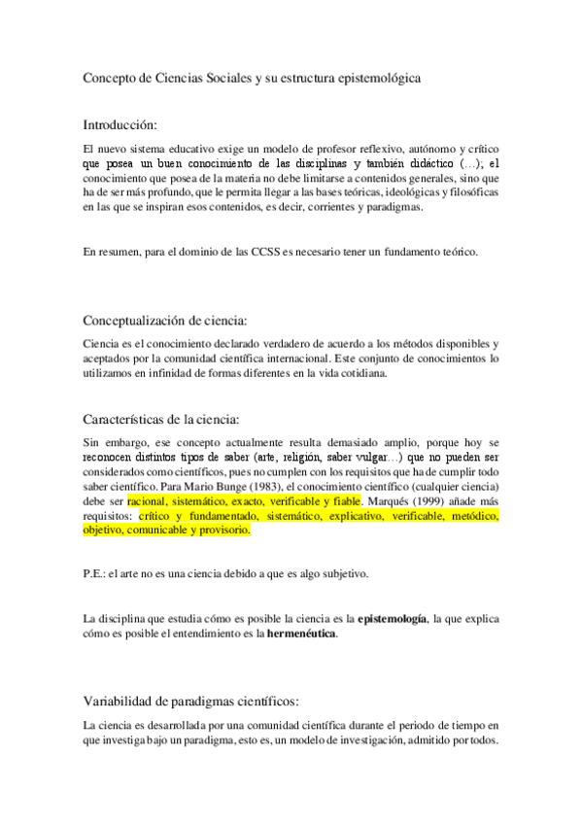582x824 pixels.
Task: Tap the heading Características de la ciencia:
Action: tap(160, 419)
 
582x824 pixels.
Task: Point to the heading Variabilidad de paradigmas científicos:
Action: tap(190, 700)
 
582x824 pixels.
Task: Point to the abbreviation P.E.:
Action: tap(97, 574)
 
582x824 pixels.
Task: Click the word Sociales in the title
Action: tap(222, 76)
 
